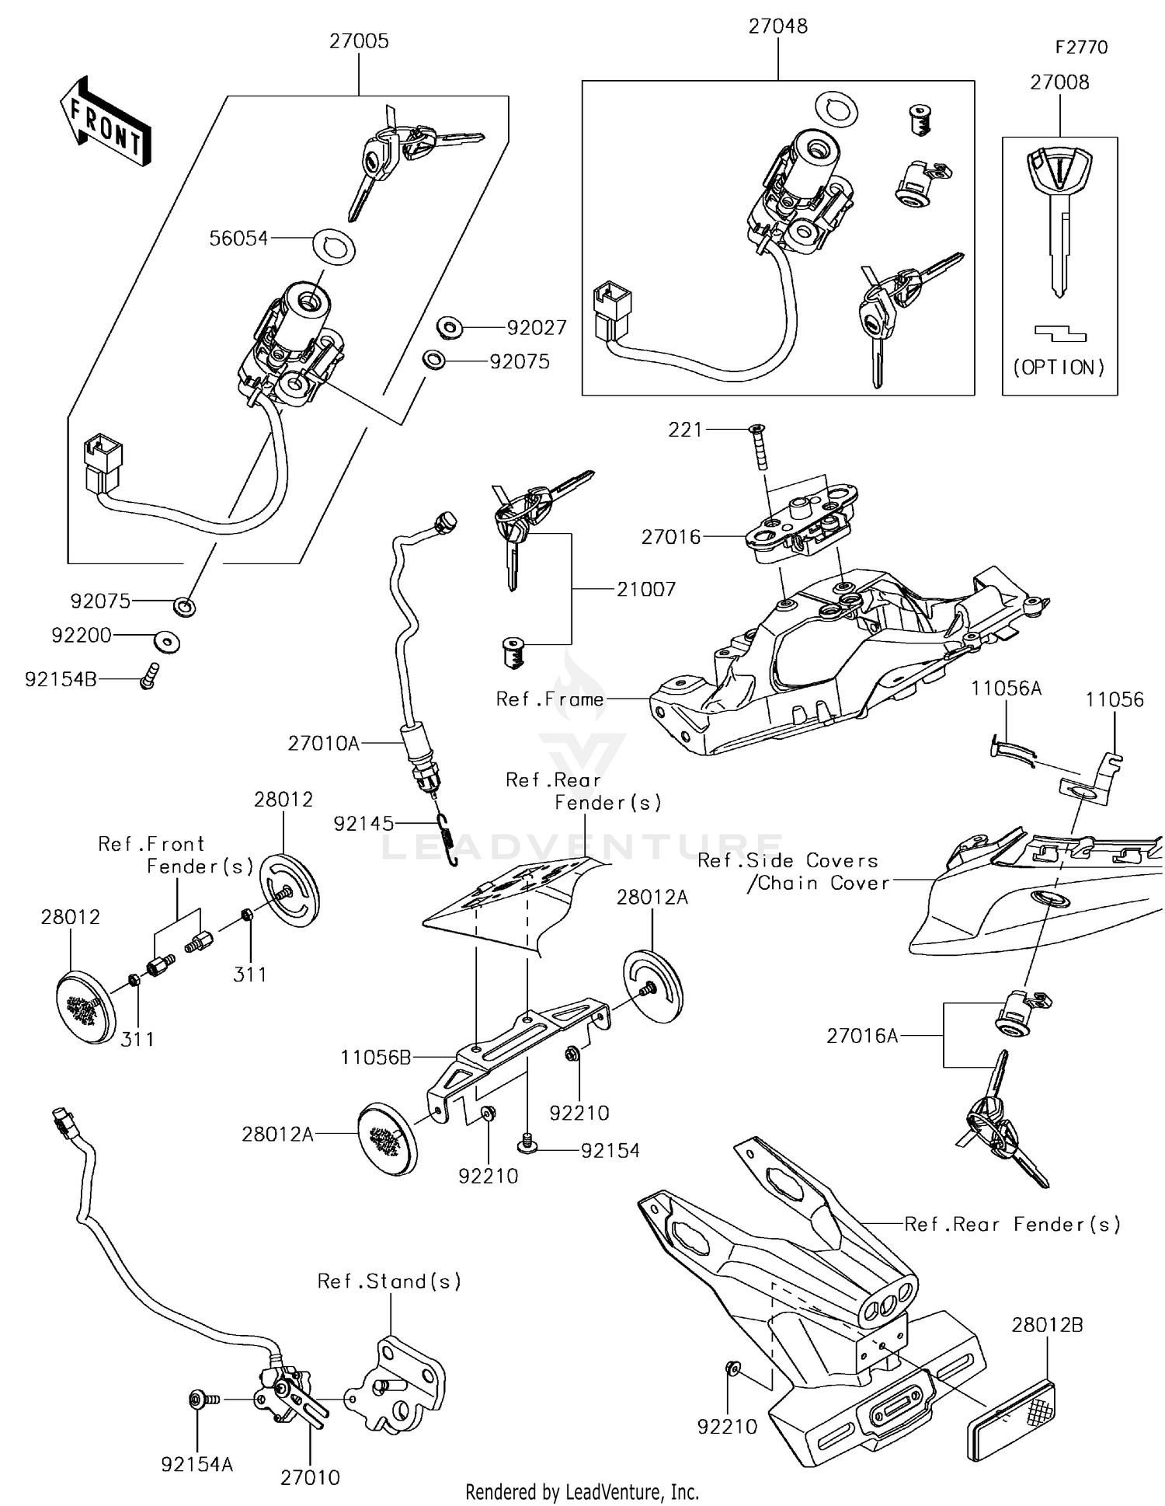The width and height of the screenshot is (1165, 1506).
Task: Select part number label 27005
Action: coord(359,41)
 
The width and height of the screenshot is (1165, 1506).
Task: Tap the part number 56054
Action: coord(238,239)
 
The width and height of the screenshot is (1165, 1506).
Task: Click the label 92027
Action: coord(537,328)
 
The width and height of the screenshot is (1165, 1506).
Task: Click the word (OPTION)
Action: coord(1059,368)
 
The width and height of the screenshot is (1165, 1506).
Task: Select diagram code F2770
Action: coord(1081,47)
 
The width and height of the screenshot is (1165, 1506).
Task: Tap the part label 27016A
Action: coord(862,1036)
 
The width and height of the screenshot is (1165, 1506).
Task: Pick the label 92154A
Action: coord(197,1464)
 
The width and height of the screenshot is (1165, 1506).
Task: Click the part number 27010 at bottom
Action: coord(310,1477)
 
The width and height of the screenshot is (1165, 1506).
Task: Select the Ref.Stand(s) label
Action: coord(390,1281)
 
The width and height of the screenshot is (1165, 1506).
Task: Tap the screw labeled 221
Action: coord(758,448)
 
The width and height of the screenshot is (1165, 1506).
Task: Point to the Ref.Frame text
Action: coord(550,699)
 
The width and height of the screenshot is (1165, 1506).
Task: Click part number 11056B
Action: coord(375,1057)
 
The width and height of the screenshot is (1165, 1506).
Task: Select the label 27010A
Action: coord(324,744)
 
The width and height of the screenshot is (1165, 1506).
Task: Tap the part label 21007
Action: coord(646,589)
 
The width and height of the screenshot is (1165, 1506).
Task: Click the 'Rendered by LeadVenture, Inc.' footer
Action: coord(582,1492)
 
